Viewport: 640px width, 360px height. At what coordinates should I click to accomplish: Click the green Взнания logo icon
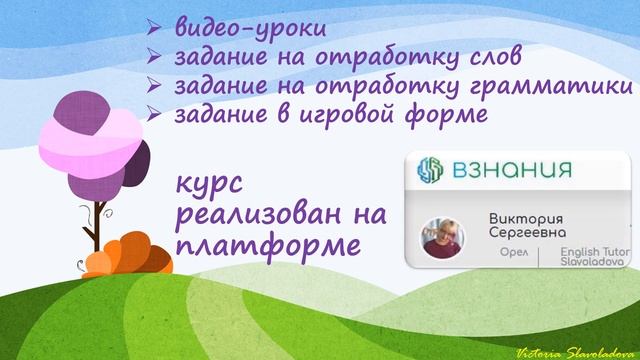(x=432, y=169)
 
